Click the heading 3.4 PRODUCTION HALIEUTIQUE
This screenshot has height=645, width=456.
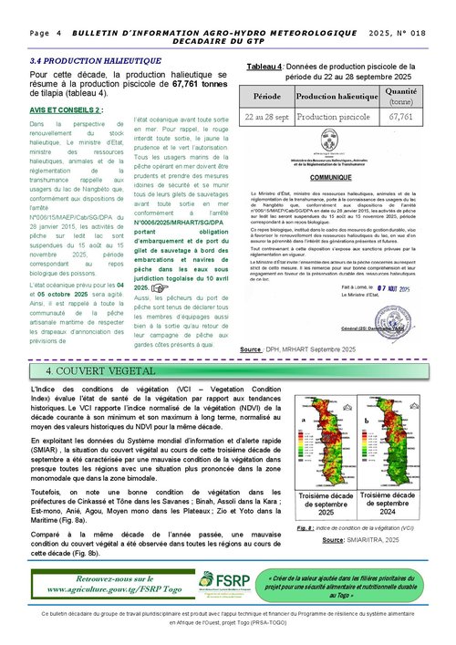coord(83,58)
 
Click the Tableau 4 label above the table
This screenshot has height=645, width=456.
coord(264,68)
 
